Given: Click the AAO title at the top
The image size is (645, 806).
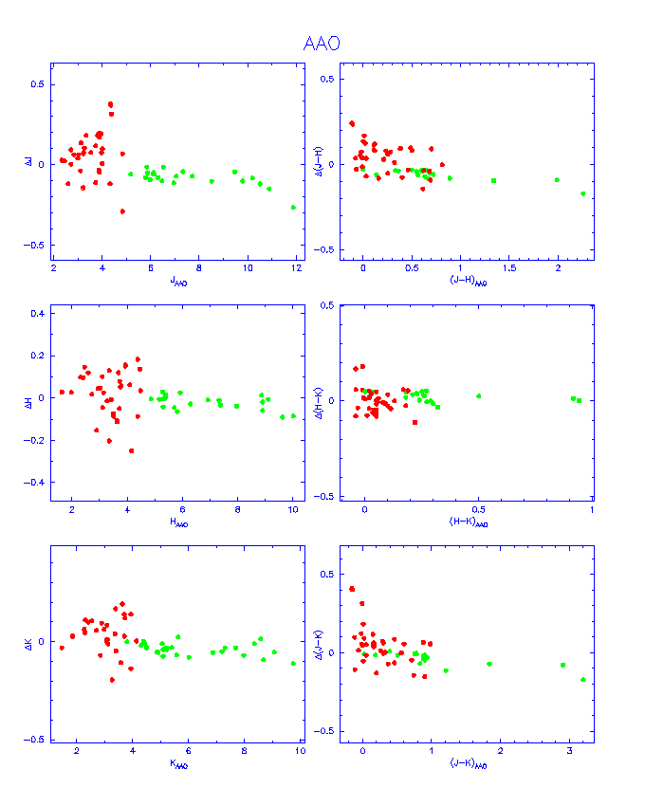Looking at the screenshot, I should pyautogui.click(x=322, y=44).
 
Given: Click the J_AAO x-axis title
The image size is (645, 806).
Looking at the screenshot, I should pyautogui.click(x=178, y=281).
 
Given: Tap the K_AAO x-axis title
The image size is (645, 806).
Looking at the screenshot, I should pyautogui.click(x=178, y=764).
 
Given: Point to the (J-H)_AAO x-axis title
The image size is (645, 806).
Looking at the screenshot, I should pyautogui.click(x=468, y=281).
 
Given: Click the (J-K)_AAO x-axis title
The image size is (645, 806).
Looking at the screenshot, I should pyautogui.click(x=468, y=764).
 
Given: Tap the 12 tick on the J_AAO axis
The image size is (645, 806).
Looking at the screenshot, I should pyautogui.click(x=296, y=268).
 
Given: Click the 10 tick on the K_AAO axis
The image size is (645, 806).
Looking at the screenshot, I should pyautogui.click(x=300, y=751).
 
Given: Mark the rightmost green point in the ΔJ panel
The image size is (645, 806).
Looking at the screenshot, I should pyautogui.click(x=293, y=207).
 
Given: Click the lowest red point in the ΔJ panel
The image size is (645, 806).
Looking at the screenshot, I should pyautogui.click(x=122, y=211).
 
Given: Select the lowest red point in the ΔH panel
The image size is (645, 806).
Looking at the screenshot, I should pyautogui.click(x=131, y=450).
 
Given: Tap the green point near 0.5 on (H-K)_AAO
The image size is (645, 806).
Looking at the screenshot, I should pyautogui.click(x=479, y=395).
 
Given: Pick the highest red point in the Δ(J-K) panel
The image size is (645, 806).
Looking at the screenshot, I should pyautogui.click(x=352, y=589).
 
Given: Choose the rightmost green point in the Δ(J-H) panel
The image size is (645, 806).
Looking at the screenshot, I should pyautogui.click(x=583, y=193).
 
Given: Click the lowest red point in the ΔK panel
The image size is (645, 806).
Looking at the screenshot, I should pyautogui.click(x=112, y=680).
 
